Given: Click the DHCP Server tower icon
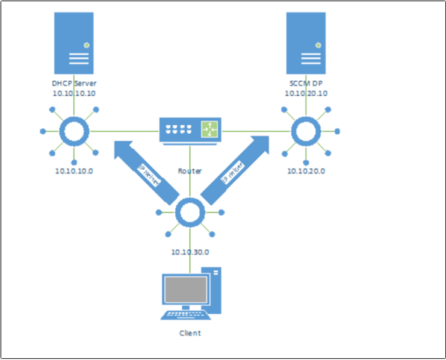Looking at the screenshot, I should (74, 44).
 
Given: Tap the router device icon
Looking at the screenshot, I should (190, 130).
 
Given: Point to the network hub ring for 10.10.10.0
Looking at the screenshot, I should (74, 131).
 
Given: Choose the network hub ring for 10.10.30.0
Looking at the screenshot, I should (190, 213).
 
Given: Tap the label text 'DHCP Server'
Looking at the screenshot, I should (74, 84).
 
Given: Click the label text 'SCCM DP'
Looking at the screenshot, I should (306, 84).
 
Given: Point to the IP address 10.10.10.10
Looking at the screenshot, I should (74, 93).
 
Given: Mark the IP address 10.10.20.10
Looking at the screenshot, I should (306, 93).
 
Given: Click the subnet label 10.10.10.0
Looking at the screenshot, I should (74, 171).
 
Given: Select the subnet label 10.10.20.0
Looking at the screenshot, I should (306, 171).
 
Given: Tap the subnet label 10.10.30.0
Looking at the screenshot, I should (190, 252).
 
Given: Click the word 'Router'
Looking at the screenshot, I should (190, 171).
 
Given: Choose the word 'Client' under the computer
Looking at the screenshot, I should (190, 333).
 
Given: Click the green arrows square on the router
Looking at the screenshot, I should (210, 129).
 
